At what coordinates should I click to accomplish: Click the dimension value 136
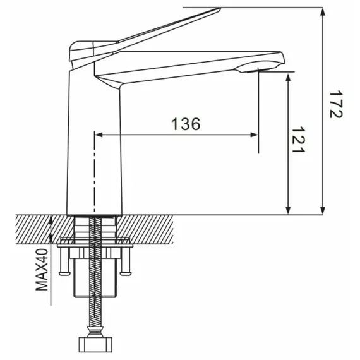tap(186, 124)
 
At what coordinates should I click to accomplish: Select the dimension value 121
tap(298, 140)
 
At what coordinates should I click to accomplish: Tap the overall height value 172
tap(336, 105)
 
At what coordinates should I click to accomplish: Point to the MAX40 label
tap(42, 270)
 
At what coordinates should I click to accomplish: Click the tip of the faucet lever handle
tap(220, 9)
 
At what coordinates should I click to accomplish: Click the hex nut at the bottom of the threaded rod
tap(95, 345)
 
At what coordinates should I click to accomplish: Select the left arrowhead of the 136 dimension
tap(99, 135)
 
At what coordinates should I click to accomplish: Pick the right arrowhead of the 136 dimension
tap(255, 135)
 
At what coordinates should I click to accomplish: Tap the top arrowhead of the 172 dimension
tap(323, 11)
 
